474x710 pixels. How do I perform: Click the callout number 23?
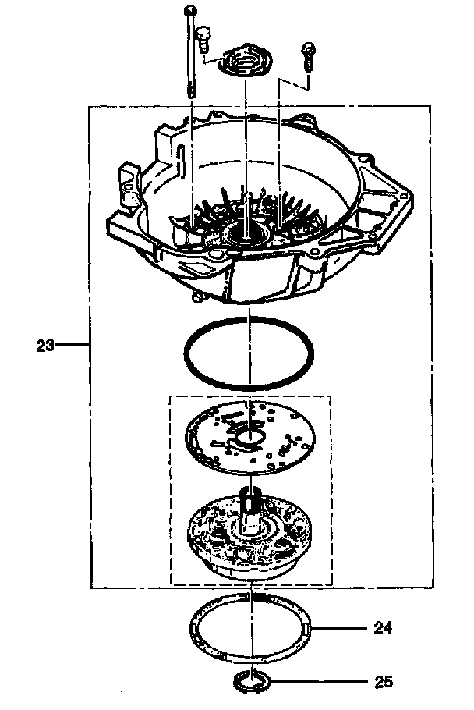(x=44, y=344)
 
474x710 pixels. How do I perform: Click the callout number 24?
(x=383, y=626)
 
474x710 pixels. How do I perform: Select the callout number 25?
(x=383, y=681)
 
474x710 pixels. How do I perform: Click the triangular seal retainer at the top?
(x=246, y=62)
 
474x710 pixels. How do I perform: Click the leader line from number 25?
(x=320, y=681)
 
